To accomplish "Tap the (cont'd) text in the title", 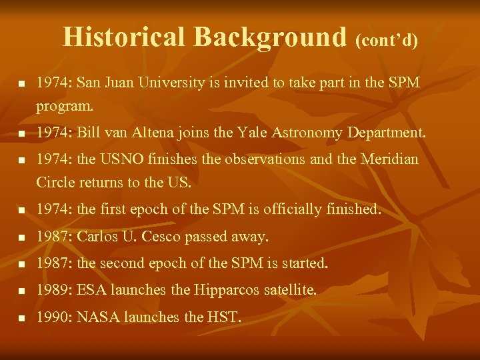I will coord(387,40).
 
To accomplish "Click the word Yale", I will coord(251,133).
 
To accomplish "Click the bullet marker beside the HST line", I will coord(21,319).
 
